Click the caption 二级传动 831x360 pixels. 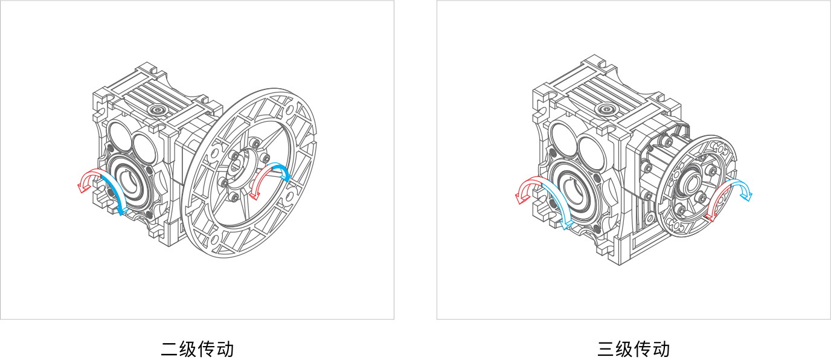click(197, 349)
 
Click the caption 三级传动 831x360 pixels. click(634, 349)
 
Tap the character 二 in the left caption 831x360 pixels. click(170, 349)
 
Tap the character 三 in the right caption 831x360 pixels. click(606, 349)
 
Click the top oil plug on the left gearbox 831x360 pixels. click(158, 110)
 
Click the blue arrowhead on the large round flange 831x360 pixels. click(286, 176)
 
